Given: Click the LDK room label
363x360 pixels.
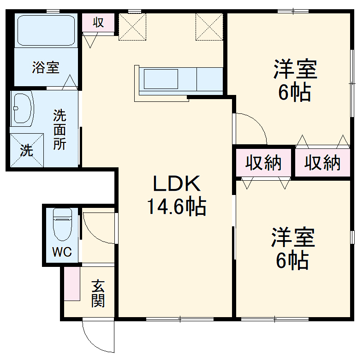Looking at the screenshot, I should (177, 184).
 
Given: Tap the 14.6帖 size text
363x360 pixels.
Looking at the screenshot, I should (177, 207).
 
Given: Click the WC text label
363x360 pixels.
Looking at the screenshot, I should (61, 252).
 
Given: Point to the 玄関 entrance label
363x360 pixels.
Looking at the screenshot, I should (97, 294).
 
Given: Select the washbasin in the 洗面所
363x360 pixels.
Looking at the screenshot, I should (23, 108).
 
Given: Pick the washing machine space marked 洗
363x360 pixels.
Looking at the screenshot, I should (27, 150).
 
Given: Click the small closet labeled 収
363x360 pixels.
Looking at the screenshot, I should (98, 23).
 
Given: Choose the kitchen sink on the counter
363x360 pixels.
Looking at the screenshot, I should (161, 79).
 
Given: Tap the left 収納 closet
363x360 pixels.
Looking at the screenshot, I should (263, 163).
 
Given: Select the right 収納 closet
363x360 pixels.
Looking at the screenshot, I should (322, 163).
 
